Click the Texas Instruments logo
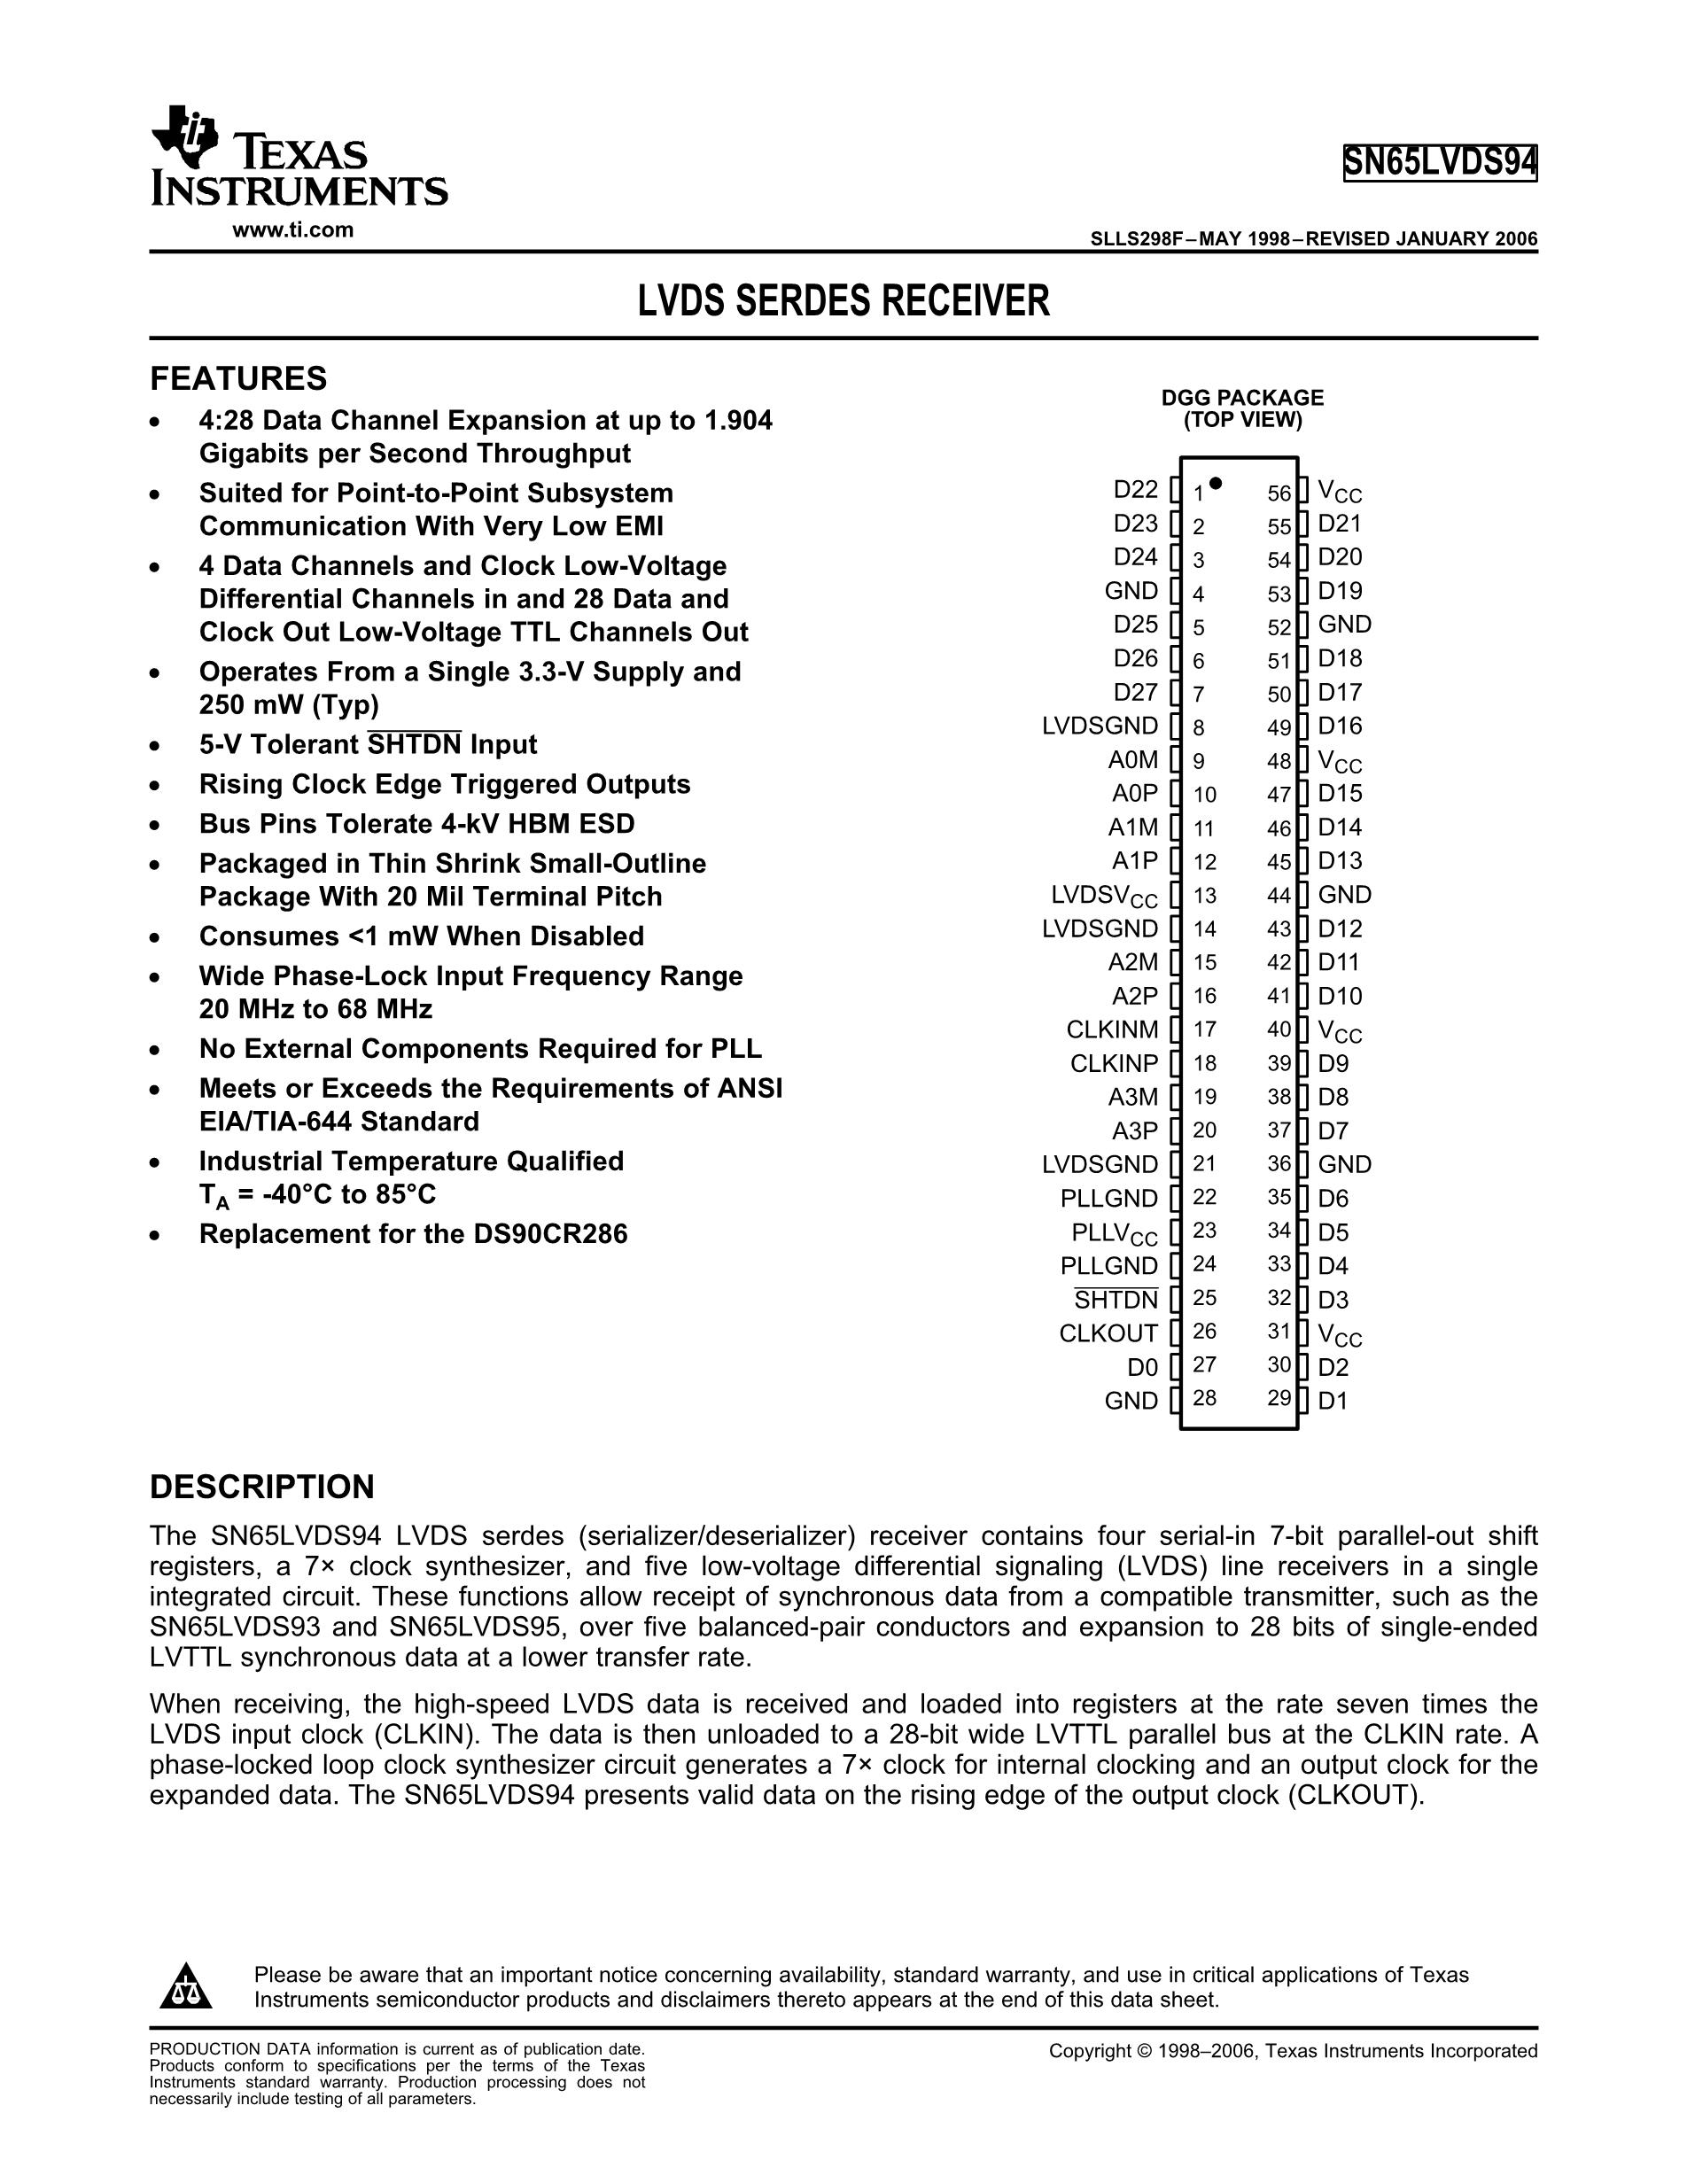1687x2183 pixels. coord(298,157)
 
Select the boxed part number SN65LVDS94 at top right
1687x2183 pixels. coord(1439,163)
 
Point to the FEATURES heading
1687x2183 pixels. coord(237,379)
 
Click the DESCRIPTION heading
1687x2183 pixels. coord(262,1487)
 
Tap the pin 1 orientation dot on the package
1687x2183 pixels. coord(1216,484)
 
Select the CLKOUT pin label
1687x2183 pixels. coord(1108,1333)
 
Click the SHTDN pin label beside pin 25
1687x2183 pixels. coord(1116,1300)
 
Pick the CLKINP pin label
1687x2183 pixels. coord(1114,1063)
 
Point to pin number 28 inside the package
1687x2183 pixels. coord(1204,1398)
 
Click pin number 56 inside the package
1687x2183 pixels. coord(1279,493)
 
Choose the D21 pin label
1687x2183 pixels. coord(1339,524)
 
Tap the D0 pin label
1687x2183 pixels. coord(1142,1366)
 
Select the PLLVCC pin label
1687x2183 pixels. coord(1115,1232)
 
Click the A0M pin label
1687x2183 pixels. coord(1132,759)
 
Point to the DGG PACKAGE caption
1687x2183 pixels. coord(1242,398)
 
